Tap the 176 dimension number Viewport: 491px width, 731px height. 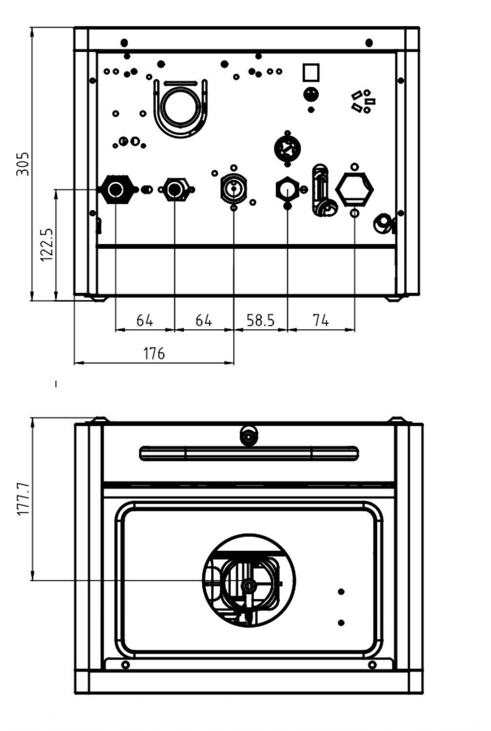[x=154, y=353]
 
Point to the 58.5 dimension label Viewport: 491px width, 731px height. [x=261, y=320]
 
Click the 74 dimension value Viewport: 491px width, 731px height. [x=321, y=320]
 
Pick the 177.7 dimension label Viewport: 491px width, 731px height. [x=23, y=499]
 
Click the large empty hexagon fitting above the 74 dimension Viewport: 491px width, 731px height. [x=354, y=189]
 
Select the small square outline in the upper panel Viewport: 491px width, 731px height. [x=311, y=73]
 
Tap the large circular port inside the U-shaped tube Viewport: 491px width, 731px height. [x=180, y=106]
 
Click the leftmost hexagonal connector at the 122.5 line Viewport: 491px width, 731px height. [x=116, y=189]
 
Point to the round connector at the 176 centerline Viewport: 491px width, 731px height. [x=234, y=188]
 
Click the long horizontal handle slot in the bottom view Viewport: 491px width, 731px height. [x=249, y=454]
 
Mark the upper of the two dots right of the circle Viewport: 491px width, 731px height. [x=341, y=592]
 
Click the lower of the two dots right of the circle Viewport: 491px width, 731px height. [x=341, y=623]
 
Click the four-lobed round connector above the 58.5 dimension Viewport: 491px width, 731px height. [x=287, y=148]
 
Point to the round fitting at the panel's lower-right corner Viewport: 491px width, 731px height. [x=383, y=223]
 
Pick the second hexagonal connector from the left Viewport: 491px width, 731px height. [x=175, y=189]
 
